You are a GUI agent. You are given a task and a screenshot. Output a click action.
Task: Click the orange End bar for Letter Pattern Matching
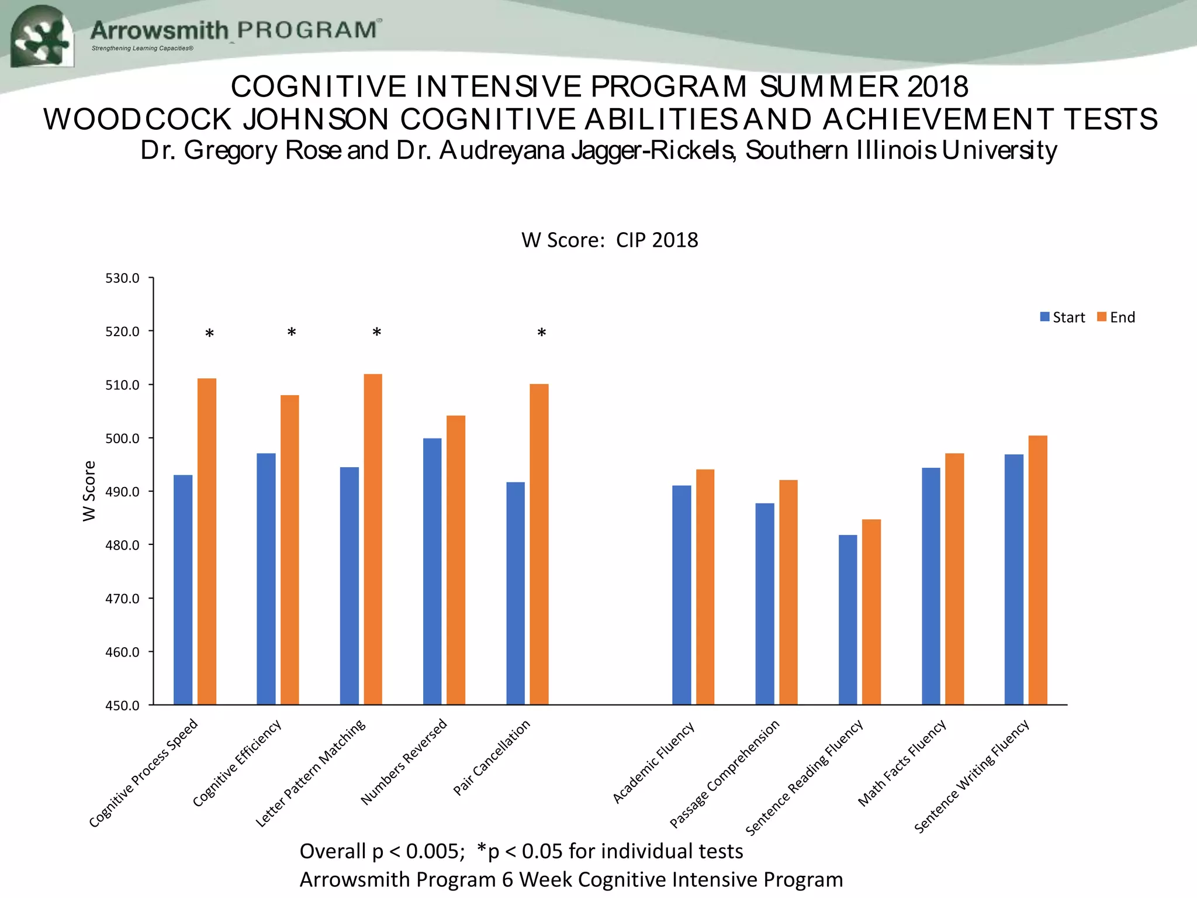[x=373, y=538]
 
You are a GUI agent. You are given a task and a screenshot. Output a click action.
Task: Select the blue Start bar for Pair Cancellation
[x=516, y=593]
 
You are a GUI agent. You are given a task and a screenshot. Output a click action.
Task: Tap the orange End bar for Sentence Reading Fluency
[x=871, y=611]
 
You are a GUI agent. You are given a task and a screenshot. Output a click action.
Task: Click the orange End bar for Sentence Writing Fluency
[x=1038, y=570]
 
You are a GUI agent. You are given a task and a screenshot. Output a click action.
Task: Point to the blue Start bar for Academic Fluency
[x=681, y=595]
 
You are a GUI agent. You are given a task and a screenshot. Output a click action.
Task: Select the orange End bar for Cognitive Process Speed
[x=207, y=541]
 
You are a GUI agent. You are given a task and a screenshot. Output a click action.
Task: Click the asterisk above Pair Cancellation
[x=542, y=334]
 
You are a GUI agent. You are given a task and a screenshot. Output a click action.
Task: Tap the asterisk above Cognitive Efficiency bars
[x=292, y=333]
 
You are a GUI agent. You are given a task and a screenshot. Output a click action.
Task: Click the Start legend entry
[x=1063, y=317]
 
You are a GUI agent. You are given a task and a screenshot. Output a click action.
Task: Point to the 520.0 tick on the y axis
[x=122, y=331]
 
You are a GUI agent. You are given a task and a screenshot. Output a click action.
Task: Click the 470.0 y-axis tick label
[x=122, y=599]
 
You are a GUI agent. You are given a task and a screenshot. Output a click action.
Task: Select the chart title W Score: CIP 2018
[x=610, y=240]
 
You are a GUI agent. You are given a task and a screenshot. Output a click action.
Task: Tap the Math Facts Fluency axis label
[x=902, y=764]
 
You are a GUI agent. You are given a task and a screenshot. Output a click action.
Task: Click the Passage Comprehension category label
[x=725, y=773]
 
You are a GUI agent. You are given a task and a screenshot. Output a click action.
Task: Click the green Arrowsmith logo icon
[x=42, y=36]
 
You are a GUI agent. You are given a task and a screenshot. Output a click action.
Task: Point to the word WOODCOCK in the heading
[x=138, y=119]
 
